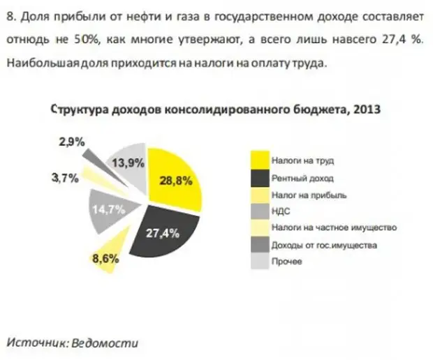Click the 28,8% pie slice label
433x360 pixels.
(x=175, y=180)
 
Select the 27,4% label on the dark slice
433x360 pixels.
(x=163, y=233)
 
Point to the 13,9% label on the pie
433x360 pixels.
(x=128, y=163)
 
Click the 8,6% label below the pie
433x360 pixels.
(x=105, y=258)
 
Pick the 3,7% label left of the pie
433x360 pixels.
(x=64, y=177)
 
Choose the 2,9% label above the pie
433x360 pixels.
(x=72, y=142)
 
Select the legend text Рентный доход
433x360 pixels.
(x=298, y=178)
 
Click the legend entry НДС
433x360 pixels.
(x=280, y=211)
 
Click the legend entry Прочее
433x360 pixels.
(x=286, y=262)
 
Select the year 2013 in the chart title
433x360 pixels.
(x=367, y=110)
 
